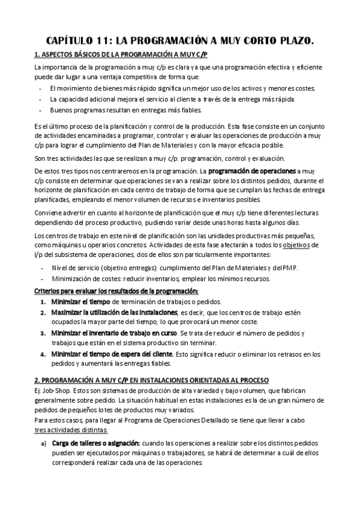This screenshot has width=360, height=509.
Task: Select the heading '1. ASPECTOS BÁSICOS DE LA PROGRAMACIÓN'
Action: pos(121,55)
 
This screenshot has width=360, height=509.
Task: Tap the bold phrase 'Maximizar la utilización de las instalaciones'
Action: pos(114,313)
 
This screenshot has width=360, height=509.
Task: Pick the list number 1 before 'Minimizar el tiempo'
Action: pos(43,302)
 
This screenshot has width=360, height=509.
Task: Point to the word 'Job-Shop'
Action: pos(55,393)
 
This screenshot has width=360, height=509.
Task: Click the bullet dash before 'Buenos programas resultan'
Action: pos(40,110)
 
